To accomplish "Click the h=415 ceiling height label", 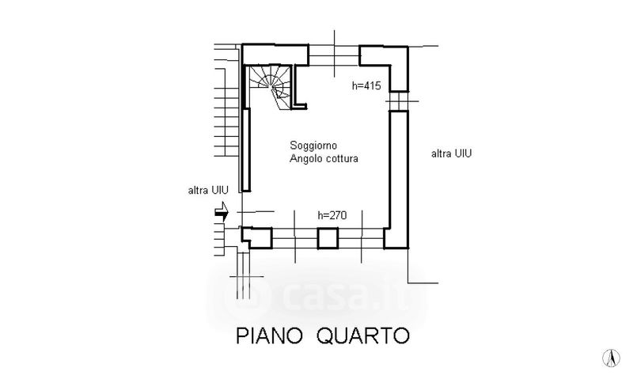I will tap(367, 86).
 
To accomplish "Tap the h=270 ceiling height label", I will tap(332, 214).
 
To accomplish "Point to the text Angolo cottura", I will tap(324, 159).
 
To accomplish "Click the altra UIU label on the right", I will tap(452, 153).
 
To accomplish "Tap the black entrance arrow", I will tap(222, 211).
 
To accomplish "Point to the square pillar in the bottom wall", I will tap(328, 238).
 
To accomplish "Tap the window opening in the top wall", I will tap(334, 55).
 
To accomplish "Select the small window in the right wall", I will tap(398, 100).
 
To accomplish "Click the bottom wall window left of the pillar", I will tap(294, 238).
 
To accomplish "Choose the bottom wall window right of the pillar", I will tap(361, 238).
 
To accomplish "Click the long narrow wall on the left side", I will tap(246, 150).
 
